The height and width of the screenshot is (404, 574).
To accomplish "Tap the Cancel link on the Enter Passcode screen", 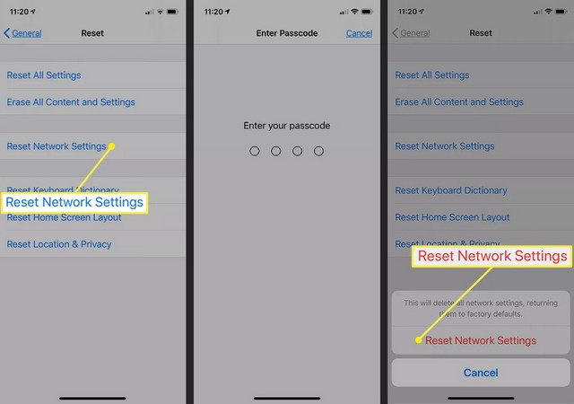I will tap(359, 33).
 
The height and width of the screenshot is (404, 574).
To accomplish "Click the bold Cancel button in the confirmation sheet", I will tap(481, 372).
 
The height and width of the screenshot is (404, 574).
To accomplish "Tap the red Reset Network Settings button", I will tap(481, 340).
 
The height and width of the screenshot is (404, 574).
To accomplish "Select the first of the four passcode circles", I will tap(255, 152).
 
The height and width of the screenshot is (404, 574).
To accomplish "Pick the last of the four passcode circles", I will tap(318, 152).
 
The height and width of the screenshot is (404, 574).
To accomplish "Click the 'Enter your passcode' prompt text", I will tap(287, 126).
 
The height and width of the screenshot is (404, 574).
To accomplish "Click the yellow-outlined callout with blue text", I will tap(74, 203).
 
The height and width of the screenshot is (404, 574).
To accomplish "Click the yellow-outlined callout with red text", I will tap(492, 257).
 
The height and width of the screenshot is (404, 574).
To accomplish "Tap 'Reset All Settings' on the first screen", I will tap(43, 75).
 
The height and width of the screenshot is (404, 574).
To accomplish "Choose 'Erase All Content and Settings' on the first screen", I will tap(71, 102).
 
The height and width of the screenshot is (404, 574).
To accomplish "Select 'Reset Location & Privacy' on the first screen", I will tap(59, 244).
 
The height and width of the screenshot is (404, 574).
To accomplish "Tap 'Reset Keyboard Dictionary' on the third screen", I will tap(451, 190).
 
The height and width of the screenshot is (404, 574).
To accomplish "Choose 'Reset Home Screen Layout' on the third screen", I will tap(452, 217).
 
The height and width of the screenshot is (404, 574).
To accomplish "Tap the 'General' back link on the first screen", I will tap(23, 33).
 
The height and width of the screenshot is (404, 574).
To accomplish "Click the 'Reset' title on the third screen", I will tap(481, 33).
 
